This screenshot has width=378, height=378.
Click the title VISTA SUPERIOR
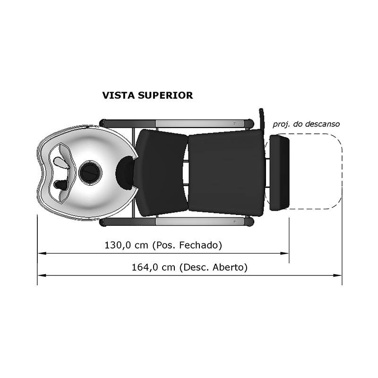tap(147, 95)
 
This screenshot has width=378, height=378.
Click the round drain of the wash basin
tap(90, 172)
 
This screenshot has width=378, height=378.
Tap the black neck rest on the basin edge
tap(125, 173)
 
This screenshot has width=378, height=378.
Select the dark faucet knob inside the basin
tap(61, 185)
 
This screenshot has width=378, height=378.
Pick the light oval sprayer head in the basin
tap(61, 162)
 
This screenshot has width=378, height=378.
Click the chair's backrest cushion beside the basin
tap(161, 172)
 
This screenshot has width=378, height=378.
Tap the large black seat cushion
tap(226, 172)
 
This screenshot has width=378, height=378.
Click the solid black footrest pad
tap(279, 172)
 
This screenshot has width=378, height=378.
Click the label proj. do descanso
tap(306, 124)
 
